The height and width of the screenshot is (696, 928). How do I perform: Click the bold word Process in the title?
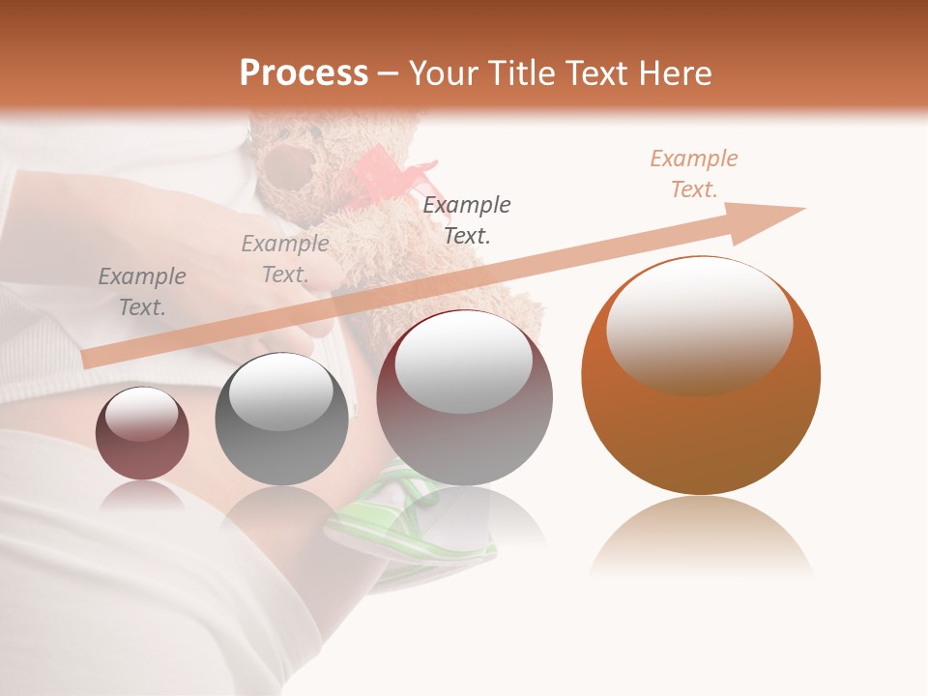pos(304,73)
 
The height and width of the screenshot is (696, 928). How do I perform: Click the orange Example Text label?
pos(694,174)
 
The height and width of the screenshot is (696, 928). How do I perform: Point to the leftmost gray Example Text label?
pos(142,292)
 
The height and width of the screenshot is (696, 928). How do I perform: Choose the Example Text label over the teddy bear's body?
pos(467,219)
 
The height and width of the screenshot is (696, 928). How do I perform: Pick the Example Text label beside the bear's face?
pos(285,259)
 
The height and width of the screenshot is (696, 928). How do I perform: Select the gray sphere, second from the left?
pos(281,420)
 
